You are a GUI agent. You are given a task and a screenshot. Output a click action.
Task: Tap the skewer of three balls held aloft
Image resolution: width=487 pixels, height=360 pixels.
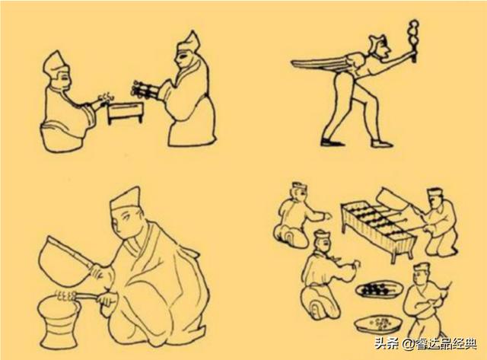tap(412, 40)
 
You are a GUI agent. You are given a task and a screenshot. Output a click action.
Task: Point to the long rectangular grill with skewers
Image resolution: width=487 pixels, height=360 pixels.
tap(377, 230)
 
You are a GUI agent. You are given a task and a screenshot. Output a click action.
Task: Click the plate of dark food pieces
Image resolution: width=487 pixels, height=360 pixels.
tap(379, 290)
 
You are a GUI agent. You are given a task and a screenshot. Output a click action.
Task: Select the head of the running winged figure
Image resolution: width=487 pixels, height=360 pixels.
tap(380, 46)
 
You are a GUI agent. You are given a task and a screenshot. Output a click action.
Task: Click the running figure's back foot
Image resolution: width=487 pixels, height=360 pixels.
tap(332, 143)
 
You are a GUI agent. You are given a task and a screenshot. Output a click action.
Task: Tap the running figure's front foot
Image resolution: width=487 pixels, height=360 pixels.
tap(381, 144)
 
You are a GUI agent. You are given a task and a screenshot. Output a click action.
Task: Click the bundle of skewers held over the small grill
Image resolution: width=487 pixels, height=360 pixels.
tap(145, 90)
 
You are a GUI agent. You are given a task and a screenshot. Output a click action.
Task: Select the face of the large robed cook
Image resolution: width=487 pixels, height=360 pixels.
tap(125, 224)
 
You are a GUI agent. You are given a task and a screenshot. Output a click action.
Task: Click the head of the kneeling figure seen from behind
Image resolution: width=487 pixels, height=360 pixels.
tap(299, 192)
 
